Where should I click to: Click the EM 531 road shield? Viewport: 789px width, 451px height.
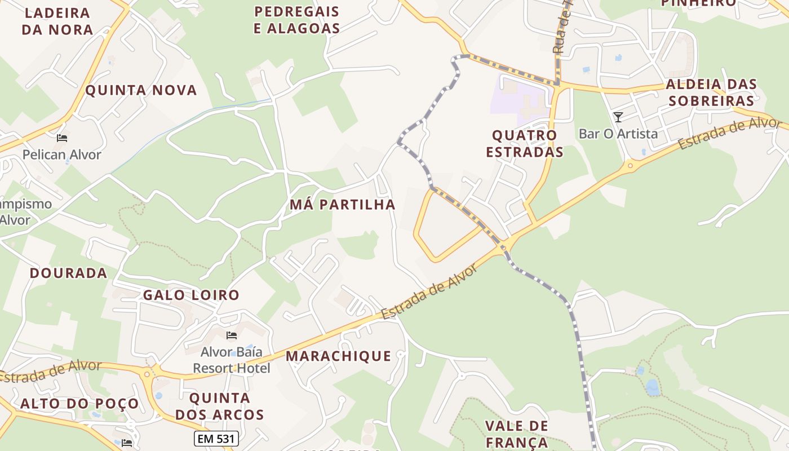point(216,439)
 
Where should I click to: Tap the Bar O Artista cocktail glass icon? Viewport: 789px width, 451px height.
point(618,117)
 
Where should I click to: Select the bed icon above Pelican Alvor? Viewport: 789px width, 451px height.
point(62,138)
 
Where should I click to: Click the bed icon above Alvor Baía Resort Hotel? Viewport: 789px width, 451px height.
point(231,335)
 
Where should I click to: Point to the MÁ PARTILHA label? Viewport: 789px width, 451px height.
point(343,205)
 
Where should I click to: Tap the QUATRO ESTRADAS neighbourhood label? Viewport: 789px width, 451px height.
point(525,144)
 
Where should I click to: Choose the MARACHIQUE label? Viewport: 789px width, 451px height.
point(338,356)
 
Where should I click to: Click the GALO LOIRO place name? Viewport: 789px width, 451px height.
point(191,295)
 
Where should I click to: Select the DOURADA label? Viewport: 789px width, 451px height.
point(68,273)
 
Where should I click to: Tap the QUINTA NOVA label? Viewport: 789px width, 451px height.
point(141,90)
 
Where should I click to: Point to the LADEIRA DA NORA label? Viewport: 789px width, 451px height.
point(57,21)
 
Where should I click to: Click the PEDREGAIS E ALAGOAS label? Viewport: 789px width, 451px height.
point(296,20)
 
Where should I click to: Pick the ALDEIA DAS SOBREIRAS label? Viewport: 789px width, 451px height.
point(710,92)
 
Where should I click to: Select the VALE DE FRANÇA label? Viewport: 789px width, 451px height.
point(516,434)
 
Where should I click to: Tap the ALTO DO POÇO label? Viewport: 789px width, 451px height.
point(79,404)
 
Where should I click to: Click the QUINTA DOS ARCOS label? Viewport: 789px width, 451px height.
point(219,406)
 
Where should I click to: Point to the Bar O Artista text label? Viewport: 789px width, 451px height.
point(618,134)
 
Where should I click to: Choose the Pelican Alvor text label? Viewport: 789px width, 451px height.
point(62,154)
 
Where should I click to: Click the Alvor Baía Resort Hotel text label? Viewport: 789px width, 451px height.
point(232,360)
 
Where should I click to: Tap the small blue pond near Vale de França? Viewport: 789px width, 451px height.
point(652,387)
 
